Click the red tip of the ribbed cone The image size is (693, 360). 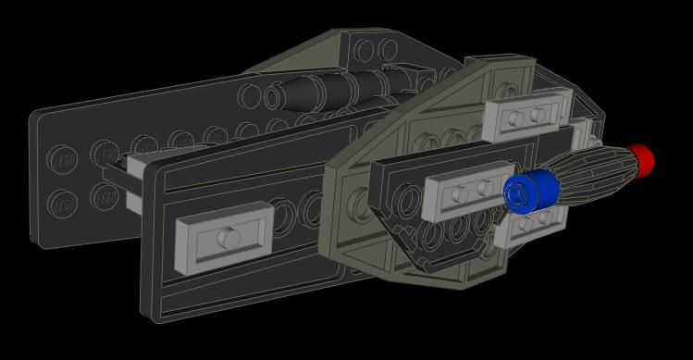tap(640, 159)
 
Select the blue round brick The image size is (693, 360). tap(532, 191)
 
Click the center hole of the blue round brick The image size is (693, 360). tap(520, 193)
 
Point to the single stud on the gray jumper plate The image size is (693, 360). tap(225, 238)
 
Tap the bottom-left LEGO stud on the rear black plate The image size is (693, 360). tap(63, 202)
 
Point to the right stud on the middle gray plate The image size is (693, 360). tap(484, 190)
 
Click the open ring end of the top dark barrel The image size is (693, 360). tap(274, 96)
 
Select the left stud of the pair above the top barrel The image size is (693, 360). tap(365, 49)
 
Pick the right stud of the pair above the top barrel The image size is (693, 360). tap(387, 48)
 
